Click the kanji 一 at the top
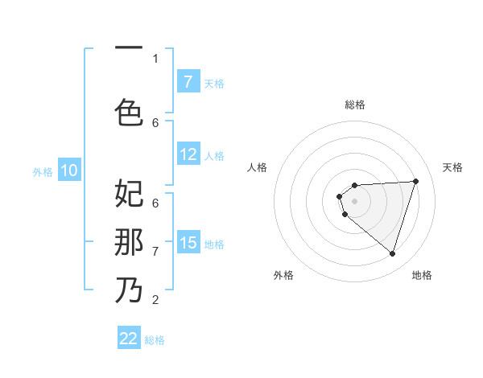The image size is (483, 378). [129, 47]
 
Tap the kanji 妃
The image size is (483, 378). [129, 193]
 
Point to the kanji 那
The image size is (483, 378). [129, 241]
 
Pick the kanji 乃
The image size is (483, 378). [129, 290]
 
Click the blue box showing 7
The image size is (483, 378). [188, 82]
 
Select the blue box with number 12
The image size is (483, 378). [188, 155]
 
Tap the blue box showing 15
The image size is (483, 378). [188, 243]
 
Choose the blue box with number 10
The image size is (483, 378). [68, 171]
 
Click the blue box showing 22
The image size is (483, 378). [129, 339]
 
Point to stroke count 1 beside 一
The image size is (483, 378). [155, 58]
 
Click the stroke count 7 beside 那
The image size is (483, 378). [155, 252]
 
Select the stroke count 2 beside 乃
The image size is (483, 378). [155, 300]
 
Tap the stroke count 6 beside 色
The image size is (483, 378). [155, 122]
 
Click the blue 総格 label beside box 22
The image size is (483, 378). [155, 340]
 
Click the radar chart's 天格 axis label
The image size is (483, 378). [452, 167]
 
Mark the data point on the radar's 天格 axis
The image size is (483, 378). [415, 181]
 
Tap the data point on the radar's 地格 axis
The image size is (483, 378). [392, 253]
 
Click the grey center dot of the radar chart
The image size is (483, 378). [354, 200]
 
